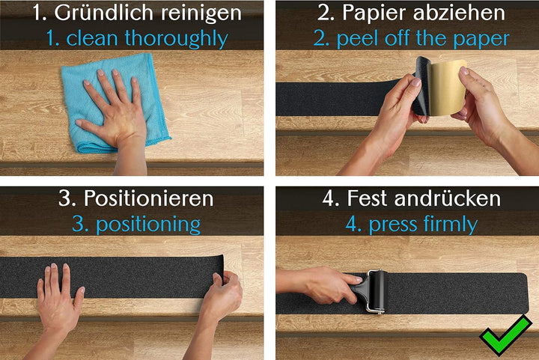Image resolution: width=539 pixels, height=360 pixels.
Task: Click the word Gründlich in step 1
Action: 102,13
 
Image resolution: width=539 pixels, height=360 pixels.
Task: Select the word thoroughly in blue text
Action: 178,38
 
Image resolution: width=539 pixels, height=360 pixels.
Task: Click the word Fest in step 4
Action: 368,198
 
